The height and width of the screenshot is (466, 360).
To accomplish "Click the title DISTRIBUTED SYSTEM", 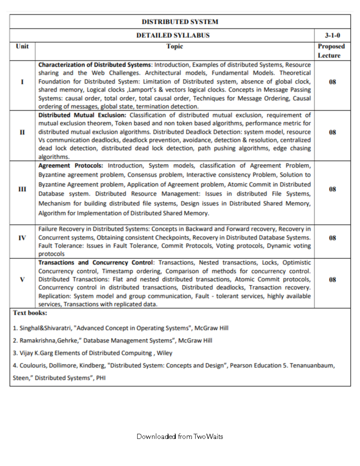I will tap(180, 22).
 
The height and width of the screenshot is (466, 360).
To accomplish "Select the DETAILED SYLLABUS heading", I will tap(173, 35).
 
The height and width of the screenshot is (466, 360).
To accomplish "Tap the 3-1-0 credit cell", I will tap(332, 35).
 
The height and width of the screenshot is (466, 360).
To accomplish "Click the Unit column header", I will tap(22, 46).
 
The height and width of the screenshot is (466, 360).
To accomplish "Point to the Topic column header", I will tap(175, 46).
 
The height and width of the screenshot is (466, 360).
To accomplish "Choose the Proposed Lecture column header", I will tap(331, 51).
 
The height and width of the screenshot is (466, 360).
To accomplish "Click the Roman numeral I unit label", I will tap(22, 82).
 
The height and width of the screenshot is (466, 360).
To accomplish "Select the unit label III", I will tap(22, 189).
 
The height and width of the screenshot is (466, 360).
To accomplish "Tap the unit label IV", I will tap(22, 238).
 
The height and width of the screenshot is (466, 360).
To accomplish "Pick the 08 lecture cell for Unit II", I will tap(332, 132).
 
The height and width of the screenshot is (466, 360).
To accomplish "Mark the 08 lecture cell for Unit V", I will tap(332, 280).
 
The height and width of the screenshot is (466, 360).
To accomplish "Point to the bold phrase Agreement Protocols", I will tap(70, 166).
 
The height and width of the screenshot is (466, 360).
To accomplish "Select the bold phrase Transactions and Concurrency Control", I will tap(95, 263).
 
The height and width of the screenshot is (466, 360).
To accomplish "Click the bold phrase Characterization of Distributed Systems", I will tap(94, 65).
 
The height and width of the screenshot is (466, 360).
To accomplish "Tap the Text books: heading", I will tap(30, 313).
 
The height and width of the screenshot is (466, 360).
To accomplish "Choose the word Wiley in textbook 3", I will tap(164, 353).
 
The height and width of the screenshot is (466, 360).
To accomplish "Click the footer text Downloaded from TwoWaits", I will tap(180, 437).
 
